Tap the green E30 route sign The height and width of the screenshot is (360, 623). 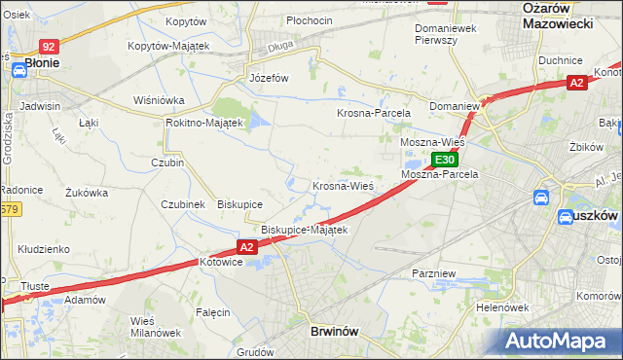click(x=445, y=160)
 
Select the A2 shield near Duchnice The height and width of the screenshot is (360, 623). click(x=577, y=84)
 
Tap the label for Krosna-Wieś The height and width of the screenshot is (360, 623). click(x=343, y=186)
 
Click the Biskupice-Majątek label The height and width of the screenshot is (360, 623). click(x=304, y=230)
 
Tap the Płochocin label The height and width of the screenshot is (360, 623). click(x=310, y=20)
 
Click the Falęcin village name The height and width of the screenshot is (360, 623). click(x=212, y=312)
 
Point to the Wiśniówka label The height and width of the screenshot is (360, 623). click(x=160, y=100)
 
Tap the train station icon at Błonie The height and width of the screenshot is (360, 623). click(x=18, y=70)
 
